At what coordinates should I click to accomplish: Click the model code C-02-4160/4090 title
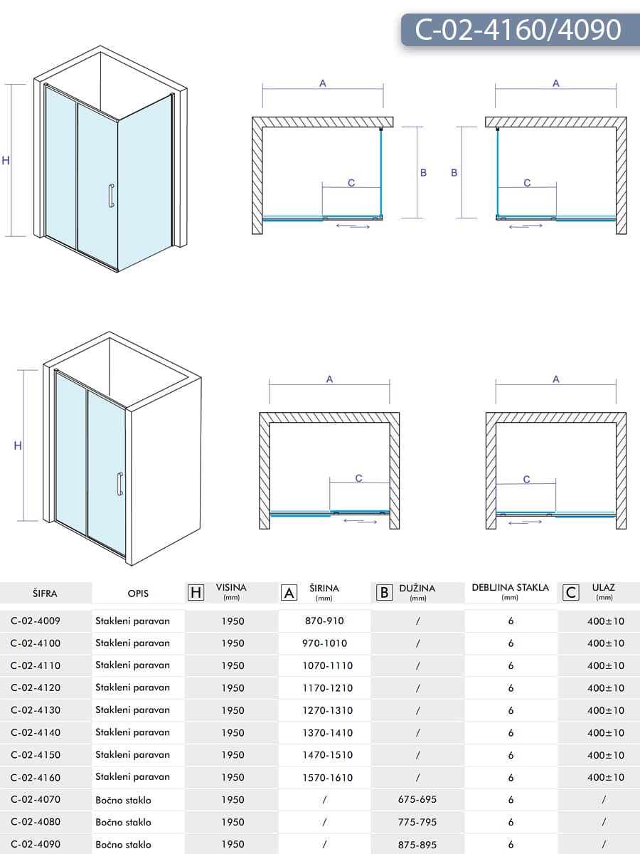[x=518, y=30]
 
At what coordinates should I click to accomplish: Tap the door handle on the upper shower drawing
[x=111, y=196]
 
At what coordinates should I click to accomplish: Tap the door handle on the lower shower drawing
[x=120, y=484]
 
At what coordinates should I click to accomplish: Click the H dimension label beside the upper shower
[x=6, y=161]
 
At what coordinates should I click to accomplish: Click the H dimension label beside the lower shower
[x=18, y=446]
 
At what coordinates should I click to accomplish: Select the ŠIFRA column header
[x=45, y=593]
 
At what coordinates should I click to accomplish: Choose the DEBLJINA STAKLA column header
[x=510, y=588]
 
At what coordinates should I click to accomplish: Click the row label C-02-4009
[x=36, y=621]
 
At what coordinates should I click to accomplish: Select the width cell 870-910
[x=324, y=621]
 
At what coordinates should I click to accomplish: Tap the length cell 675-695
[x=417, y=799]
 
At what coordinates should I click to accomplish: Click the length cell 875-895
[x=417, y=844]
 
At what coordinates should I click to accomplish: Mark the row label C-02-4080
[x=36, y=822]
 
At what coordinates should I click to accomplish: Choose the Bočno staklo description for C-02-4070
[x=123, y=799]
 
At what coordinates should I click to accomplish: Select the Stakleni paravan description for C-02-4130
[x=132, y=710]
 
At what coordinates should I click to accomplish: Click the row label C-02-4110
[x=36, y=665]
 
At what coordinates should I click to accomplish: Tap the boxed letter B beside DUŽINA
[x=384, y=592]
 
